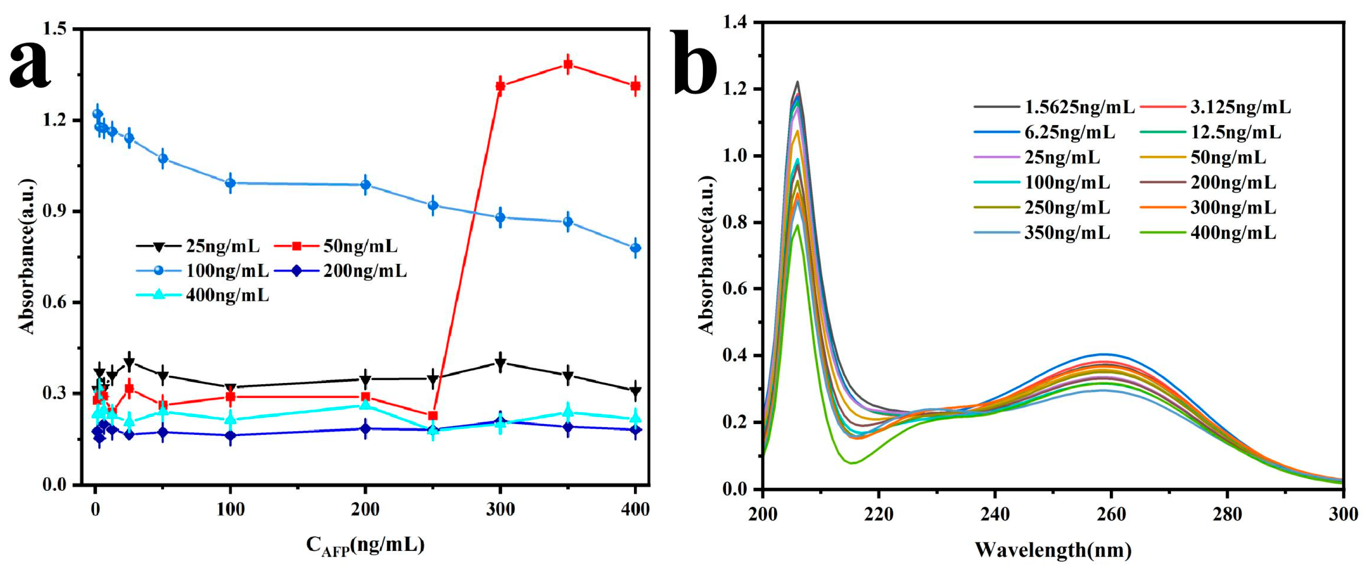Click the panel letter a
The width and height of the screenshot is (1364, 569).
(31, 66)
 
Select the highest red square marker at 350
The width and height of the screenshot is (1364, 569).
(568, 64)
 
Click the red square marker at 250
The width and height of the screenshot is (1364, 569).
(432, 416)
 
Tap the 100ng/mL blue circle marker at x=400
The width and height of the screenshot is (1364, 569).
(635, 248)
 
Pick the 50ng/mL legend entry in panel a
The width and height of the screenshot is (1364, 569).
(336, 246)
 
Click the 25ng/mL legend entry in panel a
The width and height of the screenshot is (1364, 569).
(198, 246)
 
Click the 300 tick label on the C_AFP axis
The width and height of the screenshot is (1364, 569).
(500, 510)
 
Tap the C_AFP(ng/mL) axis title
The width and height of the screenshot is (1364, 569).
(365, 545)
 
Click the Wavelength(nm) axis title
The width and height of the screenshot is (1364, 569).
(1053, 550)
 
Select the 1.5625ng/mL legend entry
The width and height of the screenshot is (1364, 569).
(1054, 107)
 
